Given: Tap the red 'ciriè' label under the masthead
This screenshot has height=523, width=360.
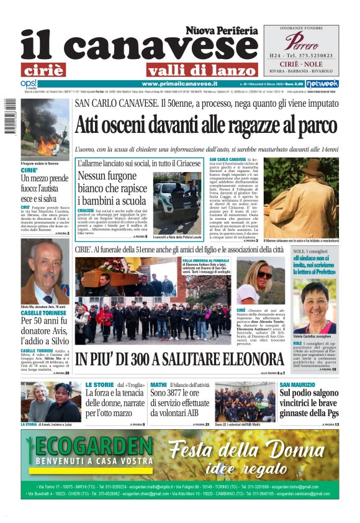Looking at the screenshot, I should click(x=43, y=70).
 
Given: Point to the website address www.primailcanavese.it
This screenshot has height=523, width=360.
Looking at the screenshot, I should click(x=179, y=83).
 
